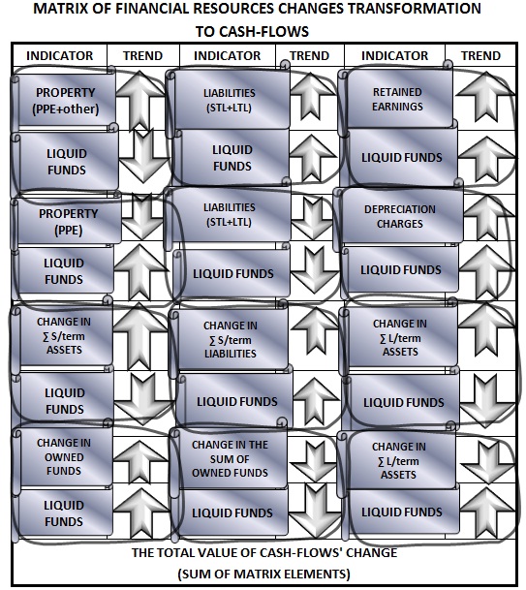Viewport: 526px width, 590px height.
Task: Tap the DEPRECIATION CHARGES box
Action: pyautogui.click(x=399, y=216)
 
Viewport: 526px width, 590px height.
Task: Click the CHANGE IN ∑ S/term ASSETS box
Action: pyautogui.click(x=62, y=335)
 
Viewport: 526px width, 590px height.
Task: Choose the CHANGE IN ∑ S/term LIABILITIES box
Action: pyautogui.click(x=230, y=339)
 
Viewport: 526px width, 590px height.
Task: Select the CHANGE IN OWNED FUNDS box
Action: pyautogui.click(x=62, y=456)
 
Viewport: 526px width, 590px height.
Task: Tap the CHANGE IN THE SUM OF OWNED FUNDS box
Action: pyautogui.click(x=229, y=458)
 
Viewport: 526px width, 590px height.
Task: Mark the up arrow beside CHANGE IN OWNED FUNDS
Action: pyautogui.click(x=139, y=461)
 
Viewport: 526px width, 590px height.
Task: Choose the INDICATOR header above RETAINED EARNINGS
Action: pyautogui.click(x=394, y=55)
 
